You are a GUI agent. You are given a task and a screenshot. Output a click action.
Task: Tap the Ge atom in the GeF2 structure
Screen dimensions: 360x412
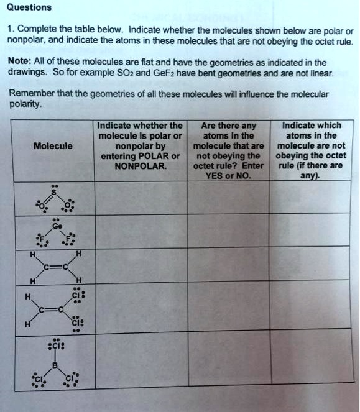[x=56, y=227]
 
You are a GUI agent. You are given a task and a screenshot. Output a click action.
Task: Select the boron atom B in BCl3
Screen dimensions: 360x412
[x=54, y=365]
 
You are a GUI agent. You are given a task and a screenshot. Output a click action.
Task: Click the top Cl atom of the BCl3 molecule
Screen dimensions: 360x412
[x=54, y=344]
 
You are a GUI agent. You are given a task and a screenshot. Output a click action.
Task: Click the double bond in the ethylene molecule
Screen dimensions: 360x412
[x=54, y=268]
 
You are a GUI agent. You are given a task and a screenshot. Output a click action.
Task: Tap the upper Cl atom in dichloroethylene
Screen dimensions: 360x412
[x=76, y=296]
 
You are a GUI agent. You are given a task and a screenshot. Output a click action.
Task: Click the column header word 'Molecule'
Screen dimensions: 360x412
[x=53, y=146]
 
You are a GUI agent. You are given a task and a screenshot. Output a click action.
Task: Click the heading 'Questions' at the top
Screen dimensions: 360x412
[x=29, y=7]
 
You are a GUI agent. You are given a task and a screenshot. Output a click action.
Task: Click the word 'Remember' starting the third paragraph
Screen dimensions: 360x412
[x=29, y=94]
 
